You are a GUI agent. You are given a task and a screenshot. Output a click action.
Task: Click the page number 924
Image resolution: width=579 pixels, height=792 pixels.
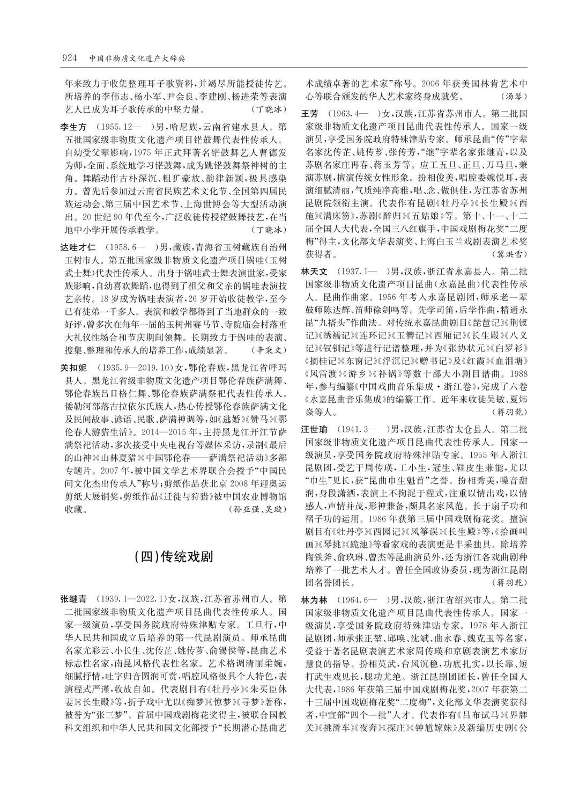(70, 58)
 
